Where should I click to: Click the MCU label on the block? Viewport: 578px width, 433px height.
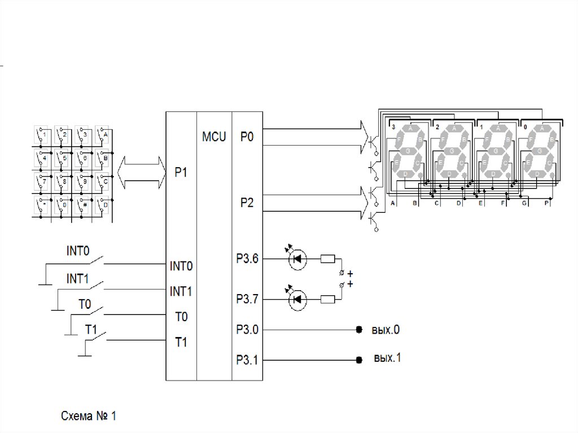[x=214, y=137]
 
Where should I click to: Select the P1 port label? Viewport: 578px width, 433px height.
[x=181, y=173]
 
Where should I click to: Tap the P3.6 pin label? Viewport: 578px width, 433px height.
[x=247, y=259]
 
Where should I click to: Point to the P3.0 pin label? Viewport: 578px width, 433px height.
[x=247, y=330]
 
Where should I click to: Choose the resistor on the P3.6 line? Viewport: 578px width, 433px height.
[x=328, y=259]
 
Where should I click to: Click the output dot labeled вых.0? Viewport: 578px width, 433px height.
[x=358, y=330]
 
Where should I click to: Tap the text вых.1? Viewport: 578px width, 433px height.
[x=387, y=358]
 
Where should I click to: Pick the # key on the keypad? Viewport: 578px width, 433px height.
[x=84, y=205]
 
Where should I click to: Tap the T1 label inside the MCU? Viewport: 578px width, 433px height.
[x=181, y=343]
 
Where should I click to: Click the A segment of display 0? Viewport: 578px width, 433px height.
[x=541, y=129]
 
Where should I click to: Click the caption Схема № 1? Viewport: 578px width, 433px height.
[x=89, y=417]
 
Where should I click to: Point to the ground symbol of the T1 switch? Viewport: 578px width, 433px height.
[x=85, y=355]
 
